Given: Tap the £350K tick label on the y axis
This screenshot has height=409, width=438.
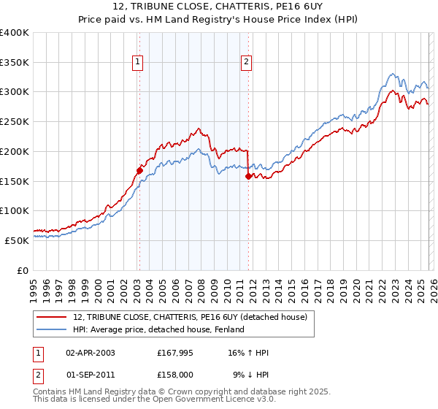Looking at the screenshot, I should (15, 63).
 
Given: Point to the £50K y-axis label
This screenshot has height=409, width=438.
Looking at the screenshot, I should (17, 240).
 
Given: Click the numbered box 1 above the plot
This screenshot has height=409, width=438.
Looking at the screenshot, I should (137, 63).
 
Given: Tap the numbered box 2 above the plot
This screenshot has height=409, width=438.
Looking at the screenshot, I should (247, 63).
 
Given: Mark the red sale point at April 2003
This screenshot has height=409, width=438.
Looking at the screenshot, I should (139, 170).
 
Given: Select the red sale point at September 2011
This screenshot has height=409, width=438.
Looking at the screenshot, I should (248, 176).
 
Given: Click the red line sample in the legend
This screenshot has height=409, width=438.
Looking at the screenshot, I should (51, 317).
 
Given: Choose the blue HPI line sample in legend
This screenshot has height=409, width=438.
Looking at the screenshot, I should (51, 329).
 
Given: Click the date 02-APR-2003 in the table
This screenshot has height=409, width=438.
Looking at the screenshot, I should (90, 353).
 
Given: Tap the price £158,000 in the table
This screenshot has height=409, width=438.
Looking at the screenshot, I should (175, 374).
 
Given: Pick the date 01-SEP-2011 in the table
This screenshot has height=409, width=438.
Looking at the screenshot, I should (90, 374).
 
